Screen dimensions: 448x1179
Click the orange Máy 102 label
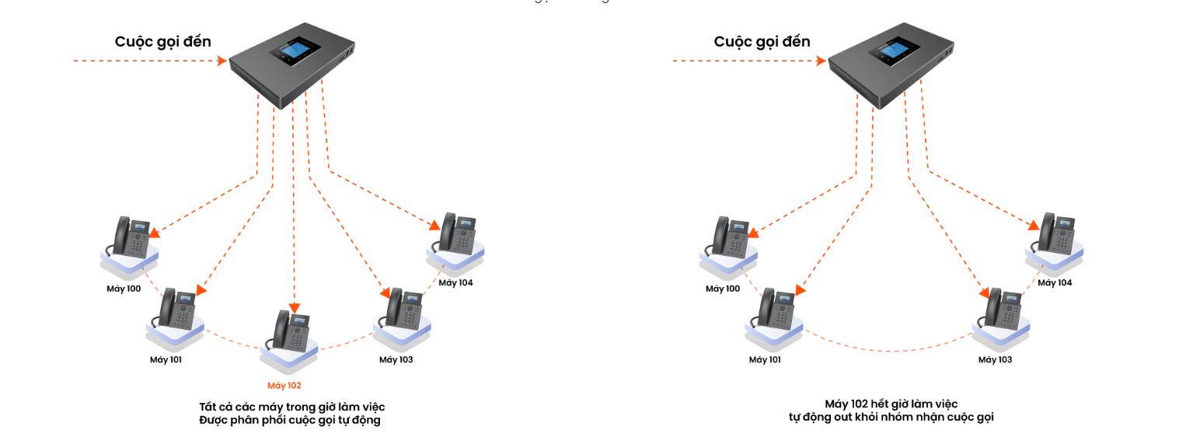284,385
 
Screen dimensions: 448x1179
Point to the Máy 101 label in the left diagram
166,359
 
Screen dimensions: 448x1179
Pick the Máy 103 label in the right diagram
995,359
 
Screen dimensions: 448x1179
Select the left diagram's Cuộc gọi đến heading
162,41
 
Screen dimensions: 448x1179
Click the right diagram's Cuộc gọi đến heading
762,41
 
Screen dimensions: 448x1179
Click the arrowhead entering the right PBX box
822,60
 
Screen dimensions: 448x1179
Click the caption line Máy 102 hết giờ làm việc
891,403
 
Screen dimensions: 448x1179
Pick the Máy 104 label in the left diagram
455,282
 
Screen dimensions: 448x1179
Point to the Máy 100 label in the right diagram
723,289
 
